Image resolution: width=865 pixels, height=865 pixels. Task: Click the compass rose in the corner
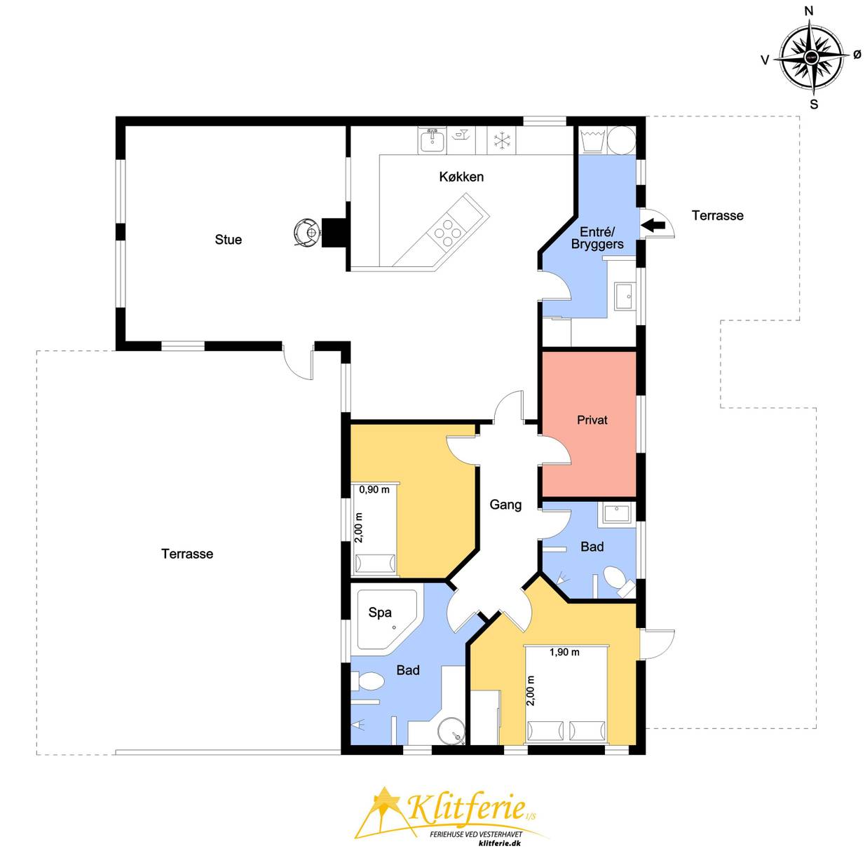pyautogui.click(x=811, y=57)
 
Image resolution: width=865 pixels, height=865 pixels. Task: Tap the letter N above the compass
pyautogui.click(x=810, y=23)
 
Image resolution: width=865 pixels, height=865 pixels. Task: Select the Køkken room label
pyautogui.click(x=461, y=177)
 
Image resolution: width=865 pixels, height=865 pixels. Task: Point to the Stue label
pyautogui.click(x=228, y=240)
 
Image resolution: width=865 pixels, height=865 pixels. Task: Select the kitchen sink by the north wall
pyautogui.click(x=433, y=139)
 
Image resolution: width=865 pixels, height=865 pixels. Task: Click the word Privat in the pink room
pyautogui.click(x=592, y=420)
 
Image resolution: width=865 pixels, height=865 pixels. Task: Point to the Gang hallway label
pyautogui.click(x=505, y=505)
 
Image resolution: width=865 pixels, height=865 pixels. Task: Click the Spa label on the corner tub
pyautogui.click(x=380, y=612)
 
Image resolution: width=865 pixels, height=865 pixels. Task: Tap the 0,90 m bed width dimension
pyautogui.click(x=374, y=490)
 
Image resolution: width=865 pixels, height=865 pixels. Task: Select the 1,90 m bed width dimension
pyautogui.click(x=564, y=652)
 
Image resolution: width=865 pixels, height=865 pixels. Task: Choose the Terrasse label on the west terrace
pyautogui.click(x=187, y=554)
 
